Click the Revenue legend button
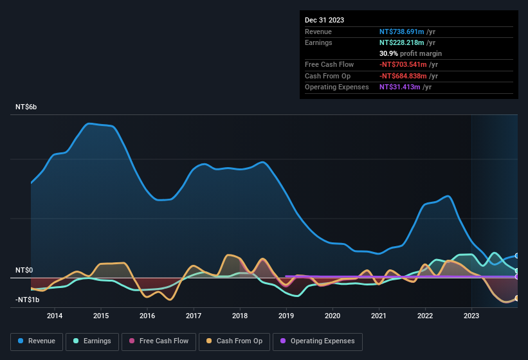[37, 341]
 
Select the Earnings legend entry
[91, 341]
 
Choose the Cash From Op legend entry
[235, 341]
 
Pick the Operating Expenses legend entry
[318, 341]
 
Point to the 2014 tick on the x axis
[55, 316]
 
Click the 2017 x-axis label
[194, 316]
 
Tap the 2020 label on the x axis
[332, 316]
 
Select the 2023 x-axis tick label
[471, 316]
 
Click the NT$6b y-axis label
[26, 107]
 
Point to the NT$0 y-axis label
[24, 270]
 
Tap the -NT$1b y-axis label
[27, 300]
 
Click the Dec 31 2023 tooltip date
[324, 20]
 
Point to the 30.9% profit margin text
[410, 53]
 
